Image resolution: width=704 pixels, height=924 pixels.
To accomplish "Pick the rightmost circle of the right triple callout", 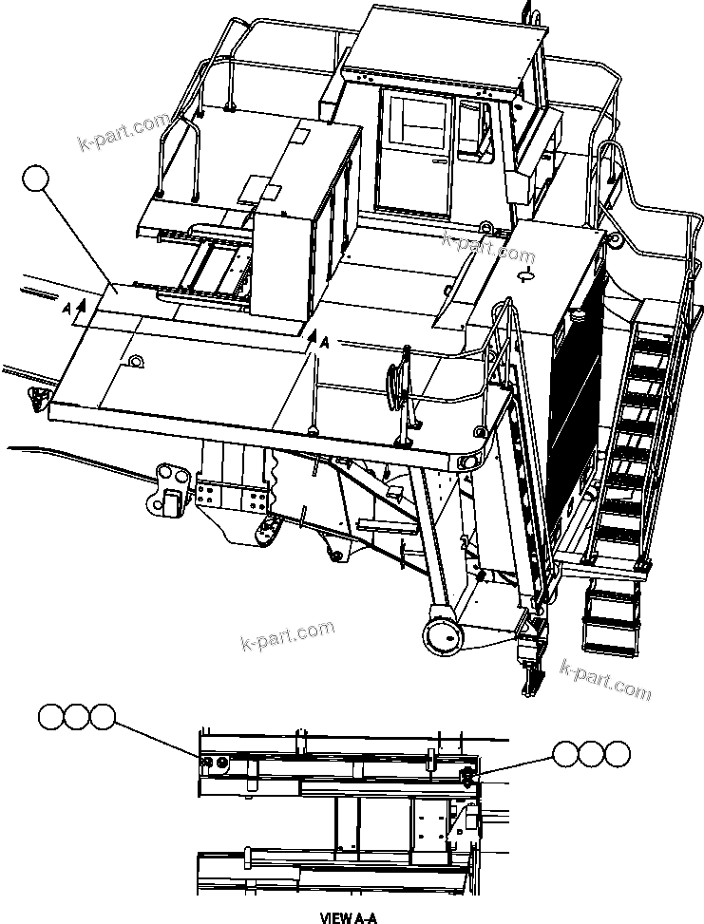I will pos(617,754).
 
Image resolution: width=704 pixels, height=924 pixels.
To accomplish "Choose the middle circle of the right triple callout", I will pos(592,754).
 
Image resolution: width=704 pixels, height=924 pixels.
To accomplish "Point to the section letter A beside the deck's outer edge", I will pos(66,310).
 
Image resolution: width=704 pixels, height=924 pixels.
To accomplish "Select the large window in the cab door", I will pos(413,124).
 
